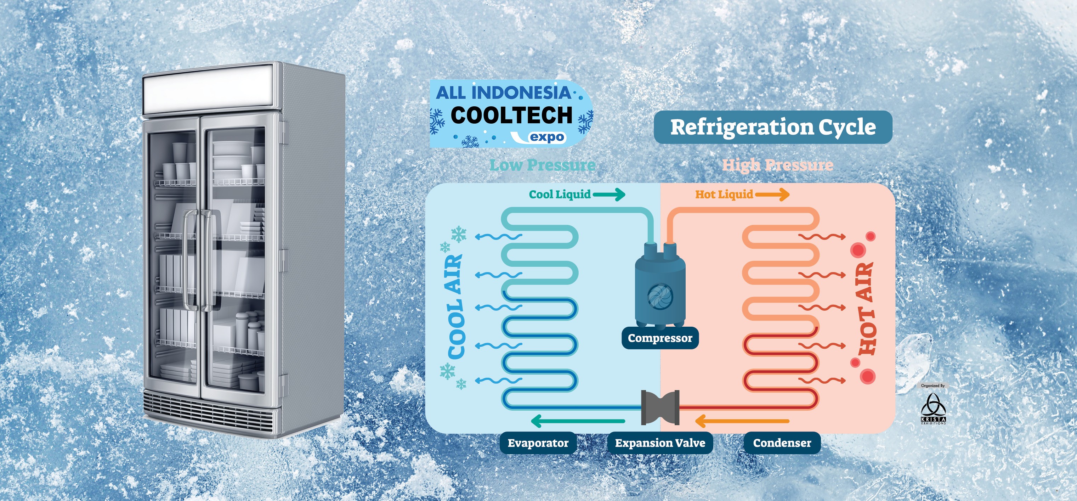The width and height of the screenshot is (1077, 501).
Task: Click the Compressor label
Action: click(660, 338)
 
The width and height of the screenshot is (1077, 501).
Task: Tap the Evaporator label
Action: click(538, 443)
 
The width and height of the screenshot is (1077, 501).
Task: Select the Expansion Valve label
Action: click(660, 443)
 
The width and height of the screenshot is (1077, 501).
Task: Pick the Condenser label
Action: click(782, 443)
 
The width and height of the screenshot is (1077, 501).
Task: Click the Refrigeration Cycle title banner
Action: click(773, 127)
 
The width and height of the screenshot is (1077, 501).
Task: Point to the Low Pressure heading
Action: click(543, 165)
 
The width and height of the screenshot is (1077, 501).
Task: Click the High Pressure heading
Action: click(778, 165)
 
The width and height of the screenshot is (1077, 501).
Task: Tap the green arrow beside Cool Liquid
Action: click(609, 194)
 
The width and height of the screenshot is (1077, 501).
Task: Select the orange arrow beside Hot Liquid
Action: click(772, 194)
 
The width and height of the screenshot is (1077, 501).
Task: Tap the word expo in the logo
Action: click(547, 137)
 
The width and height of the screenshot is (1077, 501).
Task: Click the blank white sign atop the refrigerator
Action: click(208, 91)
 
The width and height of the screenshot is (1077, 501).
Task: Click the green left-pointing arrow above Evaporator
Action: click(577, 421)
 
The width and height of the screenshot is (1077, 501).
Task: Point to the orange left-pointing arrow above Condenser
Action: click(742, 421)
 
